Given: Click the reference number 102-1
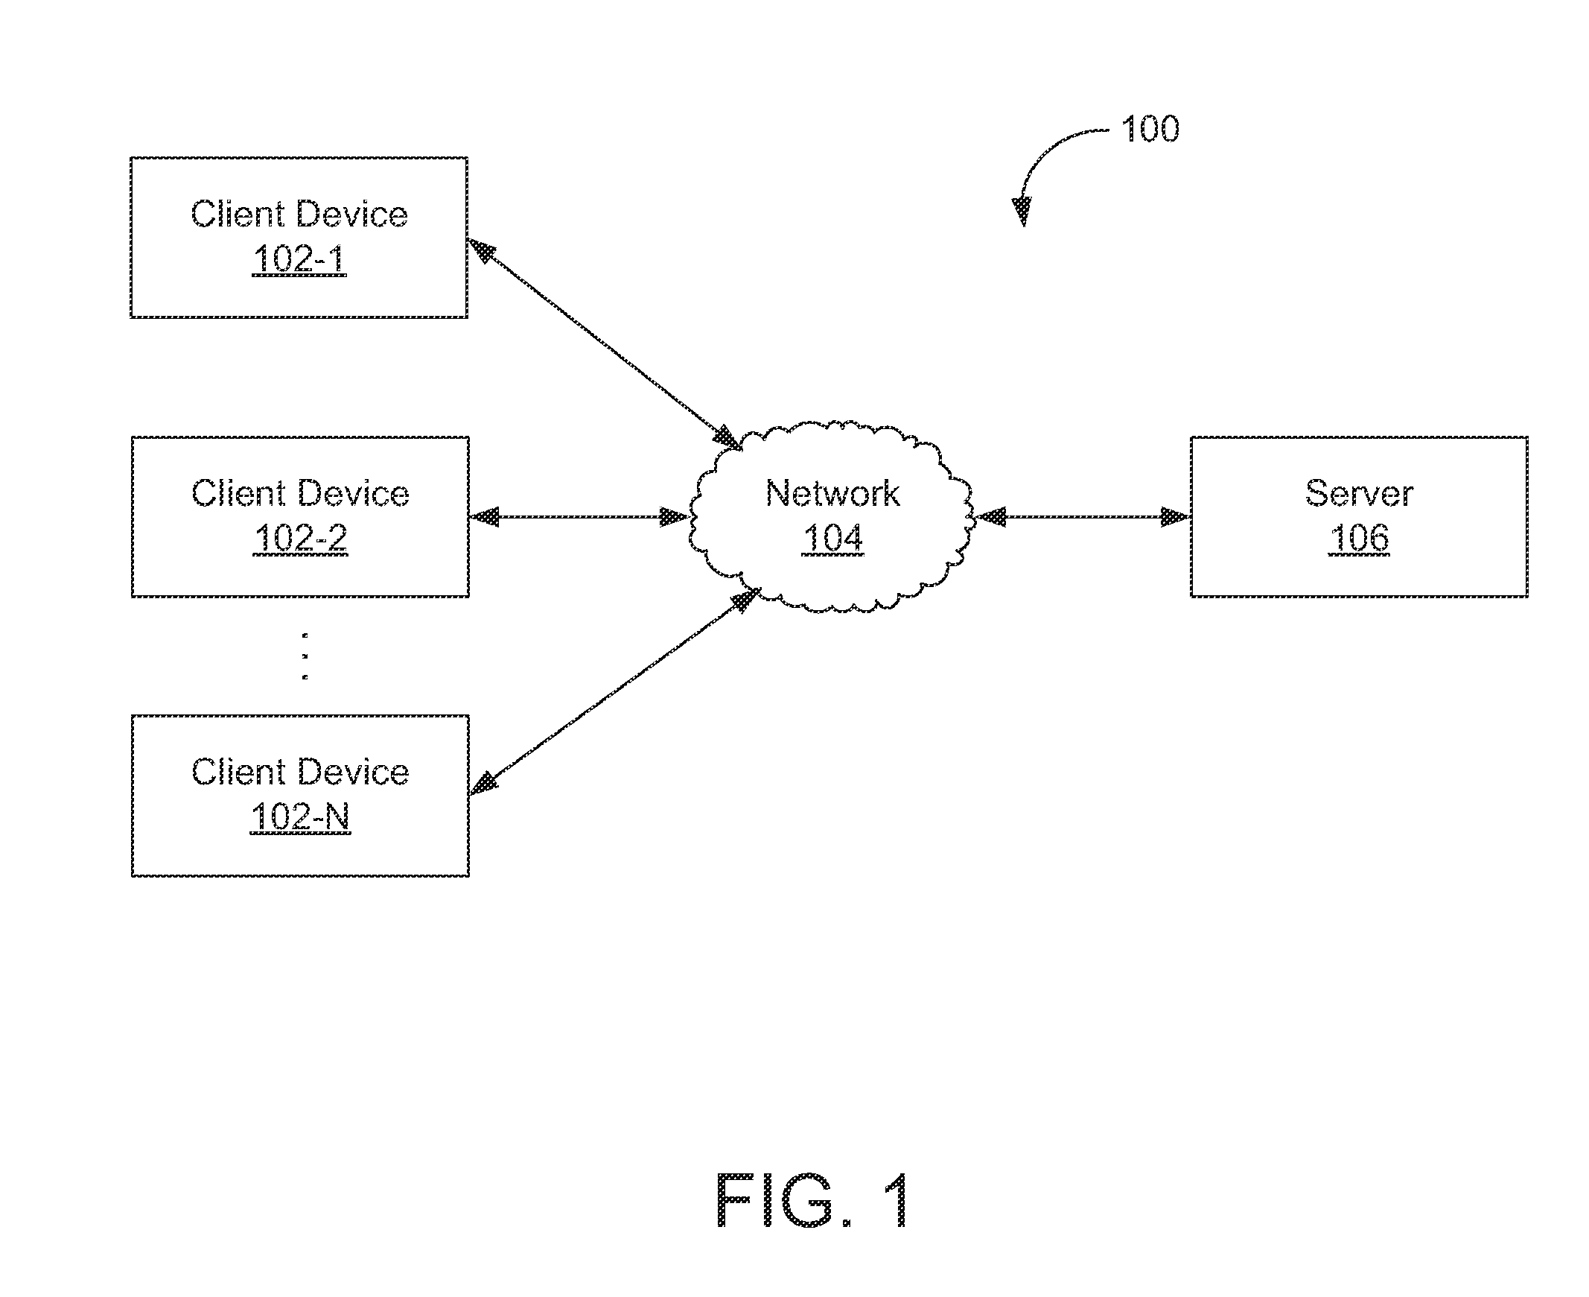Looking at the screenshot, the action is tap(299, 259).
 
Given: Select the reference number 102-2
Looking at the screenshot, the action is tap(301, 538).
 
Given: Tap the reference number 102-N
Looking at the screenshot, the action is tap(300, 816).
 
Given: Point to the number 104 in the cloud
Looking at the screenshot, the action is tap(832, 538).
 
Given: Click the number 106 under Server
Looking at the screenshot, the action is tap(1359, 538).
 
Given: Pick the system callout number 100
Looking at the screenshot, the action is tap(1150, 129).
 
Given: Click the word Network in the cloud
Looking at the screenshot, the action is tap(832, 493).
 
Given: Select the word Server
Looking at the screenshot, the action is tap(1359, 493).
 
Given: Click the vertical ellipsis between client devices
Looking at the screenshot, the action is tap(305, 656).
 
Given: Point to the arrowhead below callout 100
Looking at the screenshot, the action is tap(1022, 211).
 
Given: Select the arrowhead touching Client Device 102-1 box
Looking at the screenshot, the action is tap(482, 250).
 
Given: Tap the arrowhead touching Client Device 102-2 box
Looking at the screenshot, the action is tap(484, 516).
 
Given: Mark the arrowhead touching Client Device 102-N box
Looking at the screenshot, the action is tap(484, 784).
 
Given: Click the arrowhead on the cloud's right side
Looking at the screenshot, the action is tap(990, 516).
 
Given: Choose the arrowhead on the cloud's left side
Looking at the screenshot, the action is tap(675, 516).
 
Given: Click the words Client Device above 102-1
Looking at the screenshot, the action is tap(299, 215).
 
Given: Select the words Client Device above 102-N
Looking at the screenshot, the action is tap(300, 772).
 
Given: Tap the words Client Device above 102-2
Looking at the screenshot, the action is tap(300, 493).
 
